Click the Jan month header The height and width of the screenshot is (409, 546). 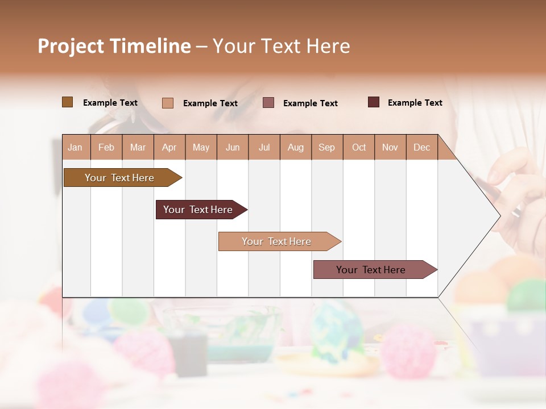coord(75,147)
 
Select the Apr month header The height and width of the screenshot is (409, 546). coord(169,147)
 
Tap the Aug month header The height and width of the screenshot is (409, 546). coord(295,147)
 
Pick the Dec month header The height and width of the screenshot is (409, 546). coord(421,147)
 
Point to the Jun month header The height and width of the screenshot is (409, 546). coord(232,147)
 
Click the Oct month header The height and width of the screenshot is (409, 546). coord(358,147)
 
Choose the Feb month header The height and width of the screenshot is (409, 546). coord(106,147)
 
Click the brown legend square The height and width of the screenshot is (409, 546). coord(67,102)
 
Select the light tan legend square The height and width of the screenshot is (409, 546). coord(167,103)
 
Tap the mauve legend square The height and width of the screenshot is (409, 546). coord(268,102)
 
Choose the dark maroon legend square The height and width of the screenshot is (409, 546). coord(373,102)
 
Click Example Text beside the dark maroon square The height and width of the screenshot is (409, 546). coord(415,103)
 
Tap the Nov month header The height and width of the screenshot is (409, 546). coord(390,147)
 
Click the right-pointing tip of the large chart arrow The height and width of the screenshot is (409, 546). coord(498,216)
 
